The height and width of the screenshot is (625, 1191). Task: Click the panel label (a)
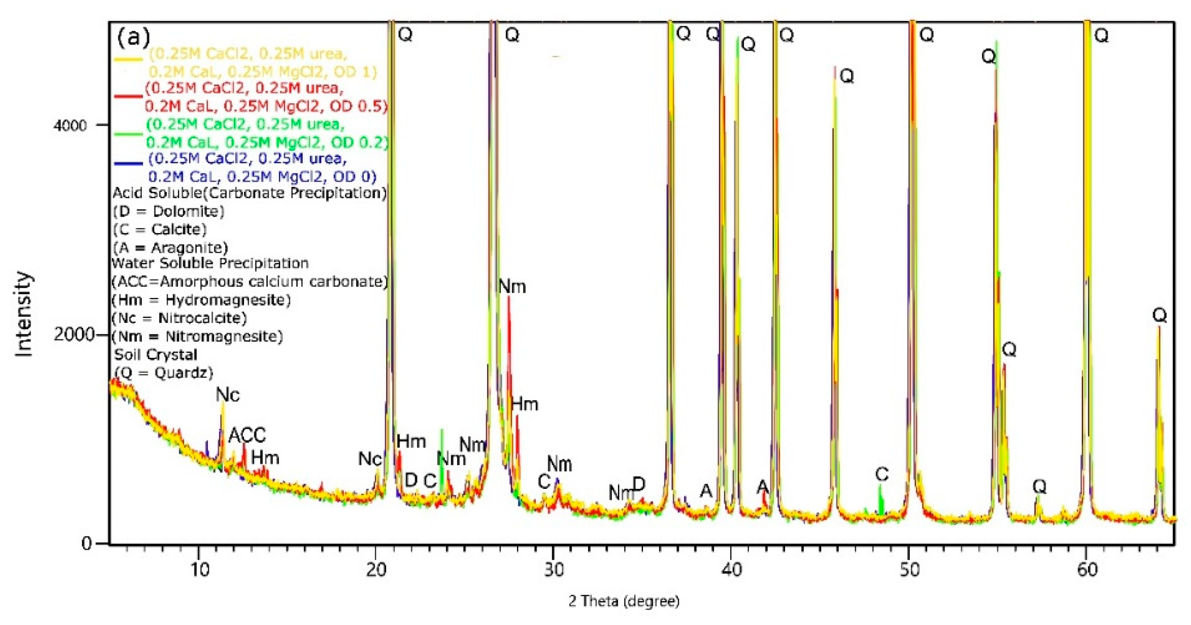click(133, 37)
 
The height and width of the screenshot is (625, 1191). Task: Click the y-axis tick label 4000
click(70, 125)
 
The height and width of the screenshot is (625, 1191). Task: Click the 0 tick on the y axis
click(86, 543)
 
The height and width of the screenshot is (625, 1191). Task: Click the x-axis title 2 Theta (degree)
click(624, 601)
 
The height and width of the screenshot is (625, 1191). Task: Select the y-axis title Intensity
click(24, 314)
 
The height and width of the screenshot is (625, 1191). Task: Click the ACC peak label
click(247, 435)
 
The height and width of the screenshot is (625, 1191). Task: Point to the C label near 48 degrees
click(882, 474)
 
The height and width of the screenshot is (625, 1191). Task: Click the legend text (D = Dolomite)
click(169, 211)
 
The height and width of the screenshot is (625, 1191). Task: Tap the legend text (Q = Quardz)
click(164, 373)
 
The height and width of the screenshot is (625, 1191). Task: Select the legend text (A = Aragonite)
click(170, 248)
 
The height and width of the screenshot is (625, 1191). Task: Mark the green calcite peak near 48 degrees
click(880, 497)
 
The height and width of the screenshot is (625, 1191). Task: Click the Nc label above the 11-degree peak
click(228, 395)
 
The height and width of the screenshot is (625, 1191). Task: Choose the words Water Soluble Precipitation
click(210, 263)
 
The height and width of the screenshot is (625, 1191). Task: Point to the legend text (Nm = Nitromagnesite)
click(197, 336)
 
